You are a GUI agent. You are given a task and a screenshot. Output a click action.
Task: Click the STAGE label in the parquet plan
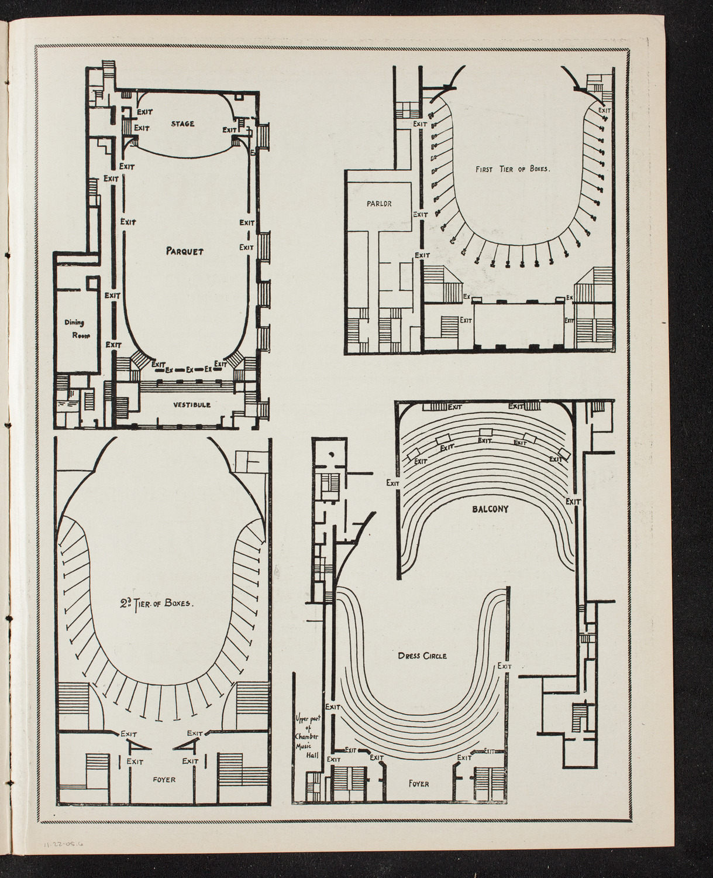click(x=182, y=124)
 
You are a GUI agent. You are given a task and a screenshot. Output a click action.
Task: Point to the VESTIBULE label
click(x=191, y=404)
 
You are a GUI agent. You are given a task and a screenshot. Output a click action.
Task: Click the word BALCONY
click(x=490, y=509)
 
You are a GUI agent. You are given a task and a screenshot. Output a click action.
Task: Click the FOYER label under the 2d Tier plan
click(x=163, y=780)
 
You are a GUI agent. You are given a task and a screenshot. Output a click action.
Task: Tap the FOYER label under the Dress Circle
click(x=419, y=783)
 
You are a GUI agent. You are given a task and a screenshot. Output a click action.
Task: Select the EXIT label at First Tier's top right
click(x=604, y=109)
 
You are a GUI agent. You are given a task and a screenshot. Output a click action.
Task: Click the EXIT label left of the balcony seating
click(x=392, y=483)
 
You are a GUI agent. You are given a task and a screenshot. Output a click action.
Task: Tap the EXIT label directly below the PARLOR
click(x=421, y=215)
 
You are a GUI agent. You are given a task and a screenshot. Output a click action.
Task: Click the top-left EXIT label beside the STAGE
click(x=144, y=110)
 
